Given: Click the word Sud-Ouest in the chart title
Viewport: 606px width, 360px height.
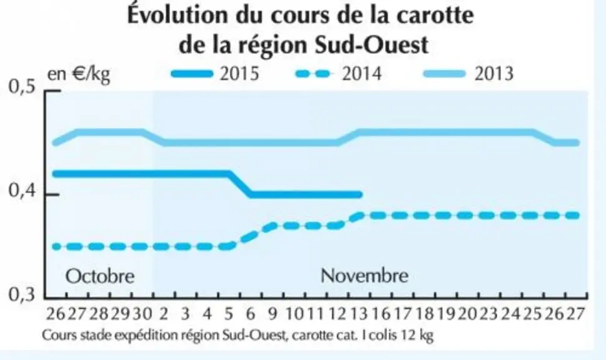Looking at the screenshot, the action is [372, 45].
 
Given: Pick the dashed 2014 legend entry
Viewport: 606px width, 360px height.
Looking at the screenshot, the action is [339, 73].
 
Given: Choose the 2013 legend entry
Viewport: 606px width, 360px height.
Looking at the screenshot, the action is [469, 73].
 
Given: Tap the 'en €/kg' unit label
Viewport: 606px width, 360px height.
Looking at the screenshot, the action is [79, 74].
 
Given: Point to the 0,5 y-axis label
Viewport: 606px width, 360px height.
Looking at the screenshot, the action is [22, 87].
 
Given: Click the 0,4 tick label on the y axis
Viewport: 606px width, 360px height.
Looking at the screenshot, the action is [22, 191].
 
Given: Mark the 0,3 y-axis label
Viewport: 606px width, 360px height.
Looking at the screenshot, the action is [22, 294].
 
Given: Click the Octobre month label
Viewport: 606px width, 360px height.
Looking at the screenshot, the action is [100, 276].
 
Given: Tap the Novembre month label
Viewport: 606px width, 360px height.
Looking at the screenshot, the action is [364, 276].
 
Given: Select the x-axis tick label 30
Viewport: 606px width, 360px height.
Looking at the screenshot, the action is [142, 314].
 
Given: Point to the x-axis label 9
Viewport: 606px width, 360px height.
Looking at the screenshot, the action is [273, 314].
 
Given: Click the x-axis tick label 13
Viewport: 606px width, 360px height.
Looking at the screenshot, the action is [359, 314].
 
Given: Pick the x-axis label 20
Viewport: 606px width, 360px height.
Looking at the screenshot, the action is [468, 314].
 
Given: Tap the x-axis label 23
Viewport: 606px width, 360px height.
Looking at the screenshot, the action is [489, 314].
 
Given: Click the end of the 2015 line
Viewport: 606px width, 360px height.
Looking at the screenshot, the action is [360, 194].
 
